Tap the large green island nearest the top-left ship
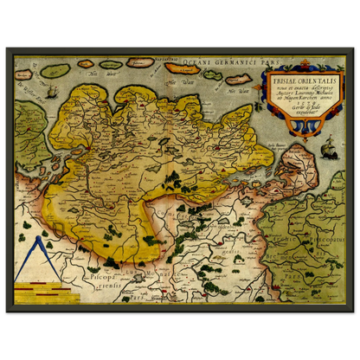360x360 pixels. (x=55, y=70)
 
